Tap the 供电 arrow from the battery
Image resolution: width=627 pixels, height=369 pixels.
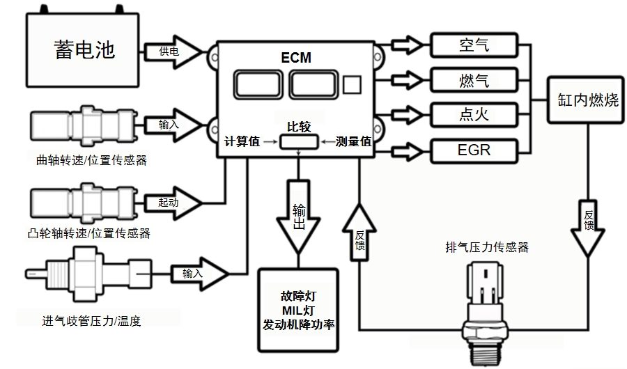click(x=171, y=51)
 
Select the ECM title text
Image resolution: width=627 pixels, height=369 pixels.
click(x=297, y=58)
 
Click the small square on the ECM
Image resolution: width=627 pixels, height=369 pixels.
click(x=353, y=86)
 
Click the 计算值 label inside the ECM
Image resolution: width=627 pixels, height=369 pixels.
click(x=242, y=141)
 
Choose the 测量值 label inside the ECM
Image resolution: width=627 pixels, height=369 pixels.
click(x=353, y=141)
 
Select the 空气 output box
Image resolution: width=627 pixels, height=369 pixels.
click(x=474, y=45)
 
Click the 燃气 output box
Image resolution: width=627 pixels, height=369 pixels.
click(x=474, y=79)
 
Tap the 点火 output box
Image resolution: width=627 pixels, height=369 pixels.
click(x=474, y=113)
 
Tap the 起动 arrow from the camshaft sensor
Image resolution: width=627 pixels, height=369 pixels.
click(x=172, y=201)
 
